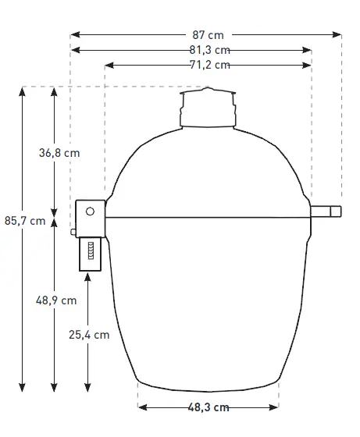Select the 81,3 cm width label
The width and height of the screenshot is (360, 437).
click(209, 50)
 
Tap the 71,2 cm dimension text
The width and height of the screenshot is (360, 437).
click(209, 65)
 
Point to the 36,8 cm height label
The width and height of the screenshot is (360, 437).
click(59, 153)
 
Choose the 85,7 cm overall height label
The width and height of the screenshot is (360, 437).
click(25, 221)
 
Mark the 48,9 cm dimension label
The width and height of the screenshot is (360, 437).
click(57, 300)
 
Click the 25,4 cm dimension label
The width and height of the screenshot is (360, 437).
click(88, 335)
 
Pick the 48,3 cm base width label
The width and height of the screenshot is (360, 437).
click(208, 407)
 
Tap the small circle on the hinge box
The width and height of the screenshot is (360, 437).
click(91, 211)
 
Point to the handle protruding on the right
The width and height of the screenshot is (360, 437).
click(327, 211)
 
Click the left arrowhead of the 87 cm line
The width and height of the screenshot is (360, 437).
click(74, 34)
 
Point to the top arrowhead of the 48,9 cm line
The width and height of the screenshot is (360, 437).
click(54, 222)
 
